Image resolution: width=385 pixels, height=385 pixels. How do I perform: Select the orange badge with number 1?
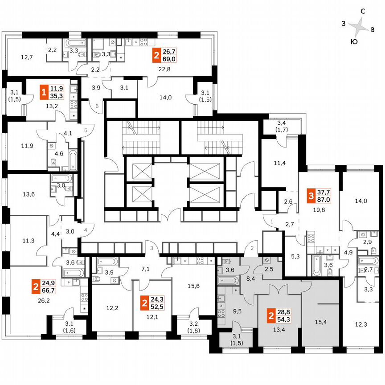pos(44,92)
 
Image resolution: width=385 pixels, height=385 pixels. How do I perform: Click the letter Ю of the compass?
pos(353,42)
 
